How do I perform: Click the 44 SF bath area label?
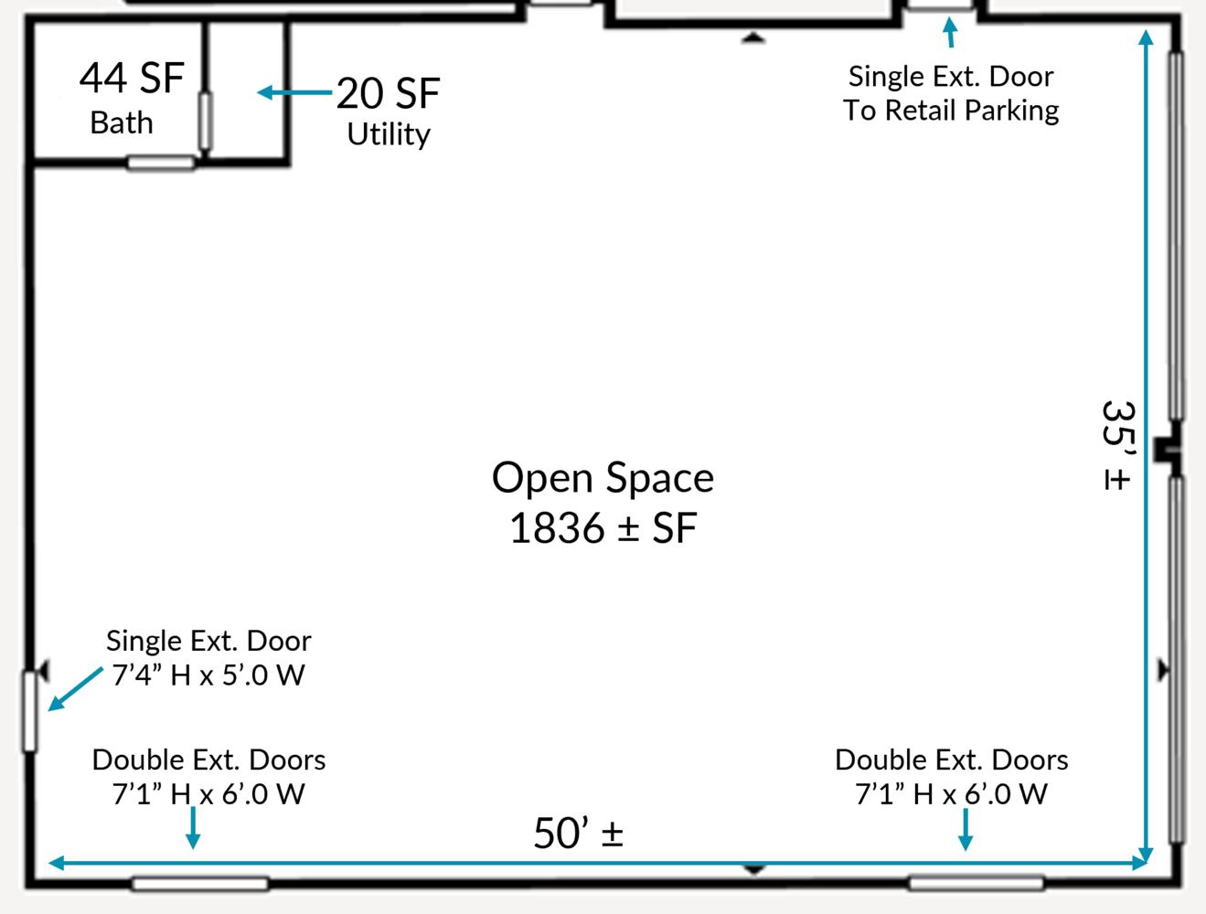(132, 78)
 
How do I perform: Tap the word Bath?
(122, 122)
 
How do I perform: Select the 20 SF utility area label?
(388, 93)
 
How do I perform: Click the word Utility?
(389, 134)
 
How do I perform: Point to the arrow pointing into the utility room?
(294, 92)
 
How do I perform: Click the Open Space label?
(603, 478)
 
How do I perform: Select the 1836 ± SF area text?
(603, 528)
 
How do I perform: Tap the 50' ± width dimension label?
(578, 834)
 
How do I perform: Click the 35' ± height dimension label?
(1117, 445)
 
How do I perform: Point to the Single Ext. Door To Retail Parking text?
(951, 93)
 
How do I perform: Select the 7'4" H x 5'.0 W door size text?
(208, 675)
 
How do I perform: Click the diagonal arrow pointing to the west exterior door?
(75, 689)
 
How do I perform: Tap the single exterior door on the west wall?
(29, 711)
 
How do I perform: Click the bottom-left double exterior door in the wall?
(200, 884)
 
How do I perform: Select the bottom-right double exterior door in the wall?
(977, 884)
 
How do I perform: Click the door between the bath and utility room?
(206, 121)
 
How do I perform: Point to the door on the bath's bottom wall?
(161, 163)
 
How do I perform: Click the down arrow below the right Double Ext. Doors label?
(966, 829)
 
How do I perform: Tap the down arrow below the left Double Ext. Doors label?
(193, 828)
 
